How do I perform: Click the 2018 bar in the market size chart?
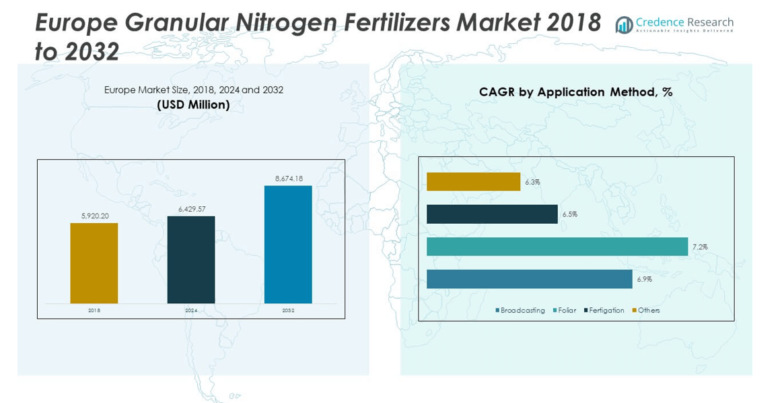(94, 263)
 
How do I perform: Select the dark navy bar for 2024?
(191, 259)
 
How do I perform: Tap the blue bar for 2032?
(288, 244)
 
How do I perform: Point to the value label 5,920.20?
(94, 216)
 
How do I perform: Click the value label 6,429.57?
(192, 209)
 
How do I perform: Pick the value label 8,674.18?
(289, 179)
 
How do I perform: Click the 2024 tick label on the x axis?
(191, 311)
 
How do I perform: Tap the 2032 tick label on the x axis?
(288, 311)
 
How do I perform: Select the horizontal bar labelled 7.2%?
(557, 247)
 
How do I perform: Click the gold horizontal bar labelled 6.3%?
(473, 182)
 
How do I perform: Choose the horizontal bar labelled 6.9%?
(529, 279)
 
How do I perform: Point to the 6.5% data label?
(570, 214)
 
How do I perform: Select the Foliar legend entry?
(565, 311)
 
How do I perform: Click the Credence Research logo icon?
(624, 25)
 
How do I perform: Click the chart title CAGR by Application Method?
(575, 92)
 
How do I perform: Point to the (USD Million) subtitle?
(193, 105)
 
